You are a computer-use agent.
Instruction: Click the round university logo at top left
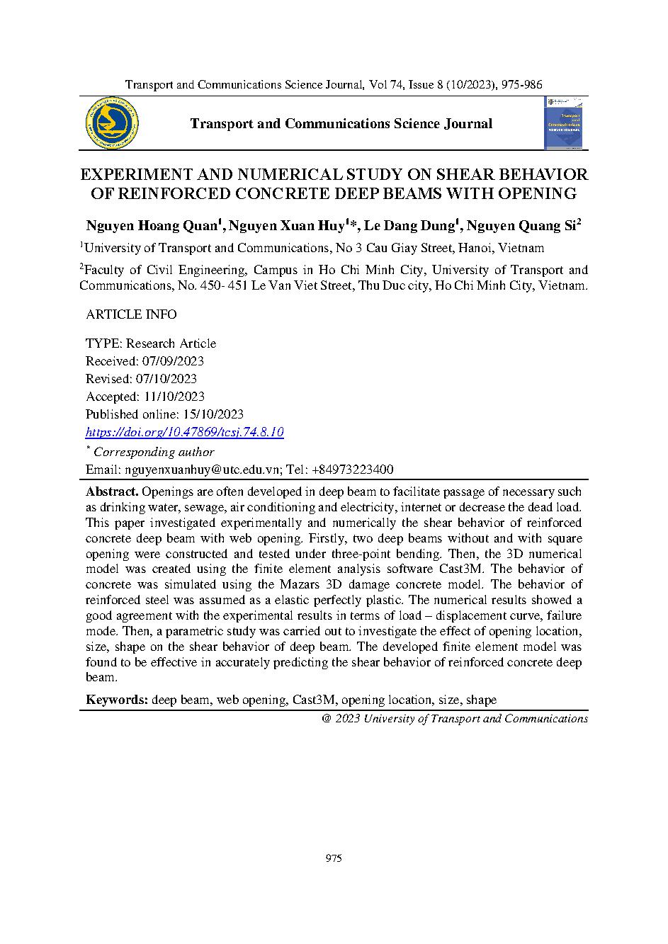click(x=111, y=123)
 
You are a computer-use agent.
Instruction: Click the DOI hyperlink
click(x=184, y=432)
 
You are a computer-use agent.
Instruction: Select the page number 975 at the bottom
click(x=334, y=858)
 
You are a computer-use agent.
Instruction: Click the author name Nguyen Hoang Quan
click(x=152, y=226)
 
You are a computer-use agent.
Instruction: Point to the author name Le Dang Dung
click(x=409, y=226)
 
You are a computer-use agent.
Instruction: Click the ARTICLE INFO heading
click(x=131, y=314)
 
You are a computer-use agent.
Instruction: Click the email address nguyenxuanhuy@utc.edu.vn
click(x=203, y=470)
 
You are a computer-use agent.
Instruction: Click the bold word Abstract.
click(x=112, y=491)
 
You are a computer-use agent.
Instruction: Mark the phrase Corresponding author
click(x=154, y=452)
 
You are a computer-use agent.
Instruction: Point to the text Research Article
click(x=182, y=343)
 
